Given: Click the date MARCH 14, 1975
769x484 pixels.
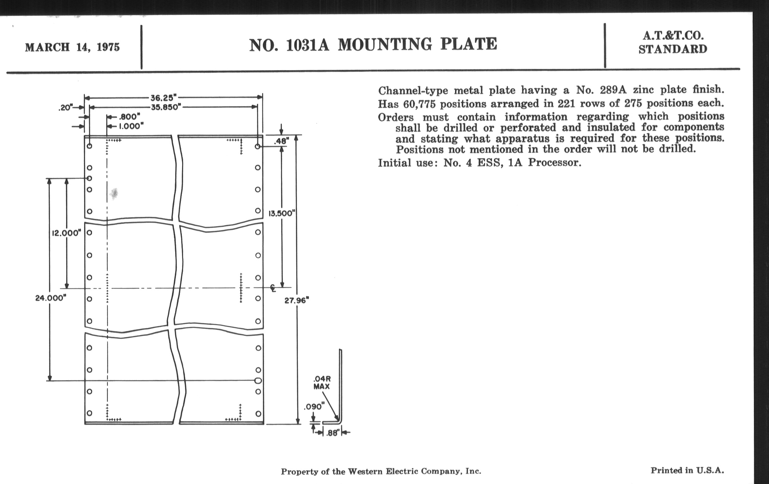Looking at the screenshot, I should click(x=72, y=47).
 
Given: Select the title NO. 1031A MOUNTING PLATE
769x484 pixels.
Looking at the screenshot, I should click(x=373, y=45).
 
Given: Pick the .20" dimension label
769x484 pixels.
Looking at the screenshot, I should click(x=65, y=108).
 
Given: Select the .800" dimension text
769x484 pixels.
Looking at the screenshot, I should click(x=130, y=117).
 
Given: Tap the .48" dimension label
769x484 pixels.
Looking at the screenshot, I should click(x=281, y=140).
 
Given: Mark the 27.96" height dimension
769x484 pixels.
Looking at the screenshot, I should click(x=297, y=301).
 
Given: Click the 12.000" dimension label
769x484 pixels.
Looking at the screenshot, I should click(x=66, y=233).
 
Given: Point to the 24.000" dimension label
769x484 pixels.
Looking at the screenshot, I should click(x=51, y=298).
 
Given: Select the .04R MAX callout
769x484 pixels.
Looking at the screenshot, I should click(x=322, y=382).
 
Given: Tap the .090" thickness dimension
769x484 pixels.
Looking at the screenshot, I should click(x=314, y=407).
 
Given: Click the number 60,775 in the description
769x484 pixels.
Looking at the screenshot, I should click(x=420, y=104).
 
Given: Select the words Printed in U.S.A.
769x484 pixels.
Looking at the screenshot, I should click(x=687, y=470).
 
